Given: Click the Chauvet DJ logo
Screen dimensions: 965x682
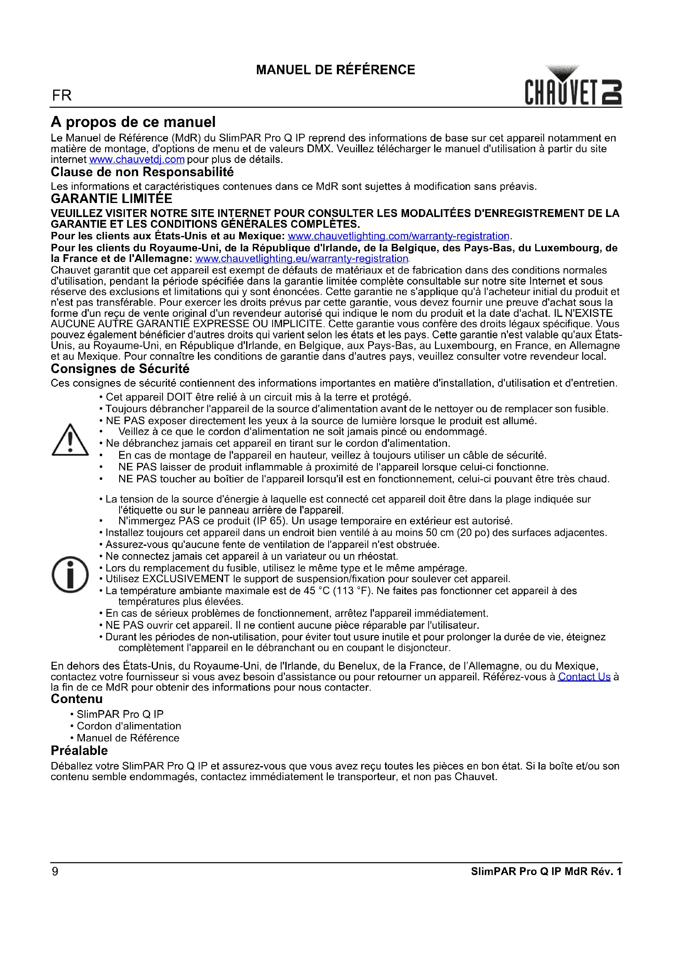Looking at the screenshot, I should (573, 86).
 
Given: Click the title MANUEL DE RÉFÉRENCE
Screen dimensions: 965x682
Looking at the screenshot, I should (336, 70).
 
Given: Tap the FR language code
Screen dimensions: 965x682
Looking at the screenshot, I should (62, 96).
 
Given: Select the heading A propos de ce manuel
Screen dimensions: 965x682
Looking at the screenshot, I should (133, 122).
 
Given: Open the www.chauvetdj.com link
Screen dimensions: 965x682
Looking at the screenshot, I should (137, 160).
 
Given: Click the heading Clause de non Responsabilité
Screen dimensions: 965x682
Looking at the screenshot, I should (142, 172).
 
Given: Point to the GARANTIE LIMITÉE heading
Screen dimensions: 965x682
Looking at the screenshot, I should (111, 199).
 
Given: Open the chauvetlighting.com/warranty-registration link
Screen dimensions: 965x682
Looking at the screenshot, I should (398, 236).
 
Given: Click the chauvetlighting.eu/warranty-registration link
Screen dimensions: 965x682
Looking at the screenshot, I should (301, 259).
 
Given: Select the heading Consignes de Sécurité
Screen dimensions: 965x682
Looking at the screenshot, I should (120, 369).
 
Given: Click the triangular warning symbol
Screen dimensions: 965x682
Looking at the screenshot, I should (70, 440).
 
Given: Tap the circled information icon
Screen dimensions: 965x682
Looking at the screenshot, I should (70, 575).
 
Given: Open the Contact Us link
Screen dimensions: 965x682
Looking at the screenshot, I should (584, 677).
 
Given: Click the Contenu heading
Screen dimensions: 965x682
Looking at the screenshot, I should (77, 699).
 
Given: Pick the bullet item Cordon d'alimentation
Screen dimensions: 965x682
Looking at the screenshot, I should (129, 726).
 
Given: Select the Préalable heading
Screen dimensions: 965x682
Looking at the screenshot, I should (79, 750).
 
